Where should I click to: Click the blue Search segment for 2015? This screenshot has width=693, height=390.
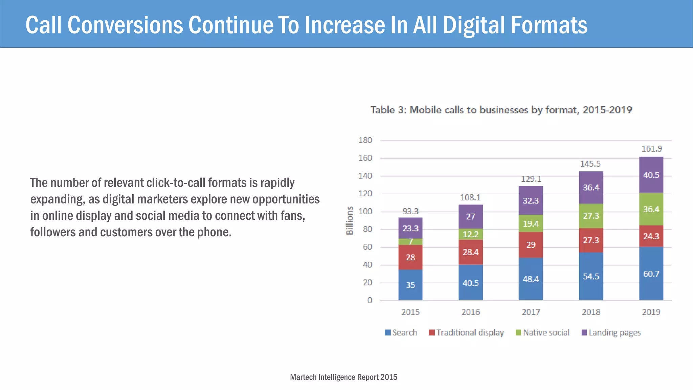[x=410, y=285]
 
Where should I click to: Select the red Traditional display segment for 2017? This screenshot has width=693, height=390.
[x=531, y=245]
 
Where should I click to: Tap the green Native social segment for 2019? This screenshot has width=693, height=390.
[x=651, y=209]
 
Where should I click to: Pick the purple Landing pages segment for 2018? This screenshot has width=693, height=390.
[x=591, y=188]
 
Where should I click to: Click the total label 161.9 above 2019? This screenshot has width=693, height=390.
[x=652, y=149]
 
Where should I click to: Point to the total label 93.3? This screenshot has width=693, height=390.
[x=410, y=211]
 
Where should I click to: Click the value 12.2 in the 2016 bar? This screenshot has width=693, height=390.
[x=471, y=234]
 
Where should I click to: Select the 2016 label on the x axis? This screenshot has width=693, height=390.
[x=470, y=312]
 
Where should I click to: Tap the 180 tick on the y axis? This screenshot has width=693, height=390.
[x=365, y=140]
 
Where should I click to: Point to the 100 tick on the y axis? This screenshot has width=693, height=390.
[x=365, y=211]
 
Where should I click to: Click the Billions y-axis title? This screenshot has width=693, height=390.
[x=349, y=220]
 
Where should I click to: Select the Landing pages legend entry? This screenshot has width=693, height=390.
[x=611, y=332]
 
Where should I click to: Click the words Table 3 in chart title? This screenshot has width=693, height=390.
[x=388, y=110]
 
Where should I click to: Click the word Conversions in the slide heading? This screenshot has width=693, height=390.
[x=125, y=25]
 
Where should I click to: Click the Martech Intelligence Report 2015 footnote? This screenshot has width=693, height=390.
[x=343, y=377]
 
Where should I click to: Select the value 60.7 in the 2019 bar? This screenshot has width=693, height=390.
[x=651, y=274]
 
